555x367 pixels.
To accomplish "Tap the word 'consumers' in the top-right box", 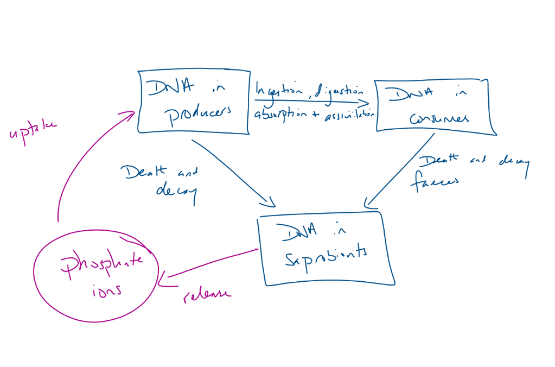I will coord(439,118).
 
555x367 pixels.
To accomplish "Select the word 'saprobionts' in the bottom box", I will coord(326,255).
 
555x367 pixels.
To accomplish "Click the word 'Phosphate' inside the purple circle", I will coord(101,264).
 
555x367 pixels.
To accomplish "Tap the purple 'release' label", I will coord(206,294).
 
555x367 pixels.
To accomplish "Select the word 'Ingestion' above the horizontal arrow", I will coord(279,91).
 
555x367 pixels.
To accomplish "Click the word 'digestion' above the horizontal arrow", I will coord(340,91).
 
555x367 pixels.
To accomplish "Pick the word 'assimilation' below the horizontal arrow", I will coord(349,115).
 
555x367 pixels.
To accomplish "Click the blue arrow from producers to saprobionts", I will coord(233,174).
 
